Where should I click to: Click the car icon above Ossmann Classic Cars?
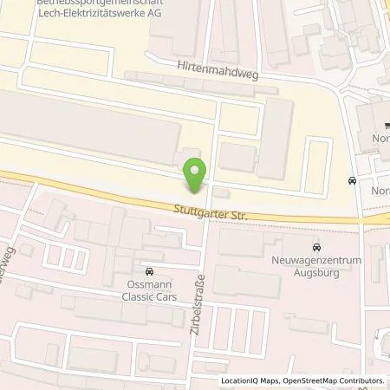point(151,271)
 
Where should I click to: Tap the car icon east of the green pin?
point(351,181)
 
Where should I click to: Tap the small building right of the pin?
point(222,192)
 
